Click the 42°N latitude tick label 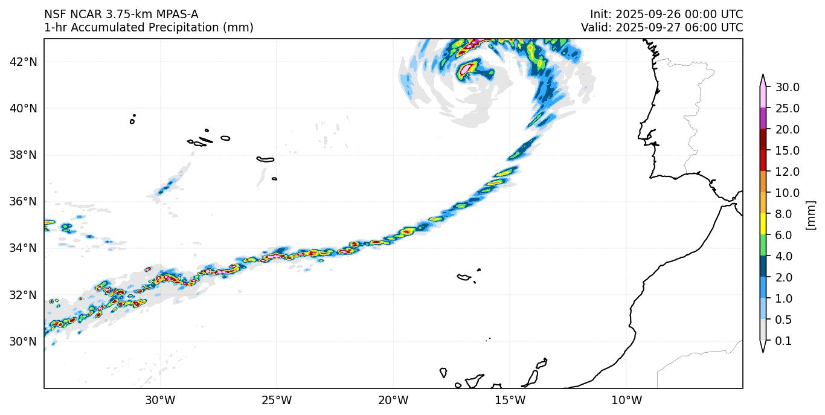tap(24, 62)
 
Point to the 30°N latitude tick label tap(24, 341)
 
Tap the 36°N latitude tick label tap(24, 201)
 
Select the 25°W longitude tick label tap(277, 400)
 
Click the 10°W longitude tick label tap(626, 400)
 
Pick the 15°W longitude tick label tap(510, 400)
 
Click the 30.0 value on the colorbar tap(788, 87)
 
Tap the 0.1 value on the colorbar tap(783, 341)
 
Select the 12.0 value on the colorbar tap(788, 172)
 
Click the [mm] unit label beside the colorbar tap(811, 215)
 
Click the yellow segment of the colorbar tap(763, 224)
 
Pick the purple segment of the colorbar tap(763, 118)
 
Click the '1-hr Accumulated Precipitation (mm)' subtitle tap(149, 28)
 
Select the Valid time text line tap(662, 28)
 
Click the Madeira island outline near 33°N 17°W tap(464, 277)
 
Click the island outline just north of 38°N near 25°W tap(265, 159)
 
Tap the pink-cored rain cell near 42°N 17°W tap(465, 69)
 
